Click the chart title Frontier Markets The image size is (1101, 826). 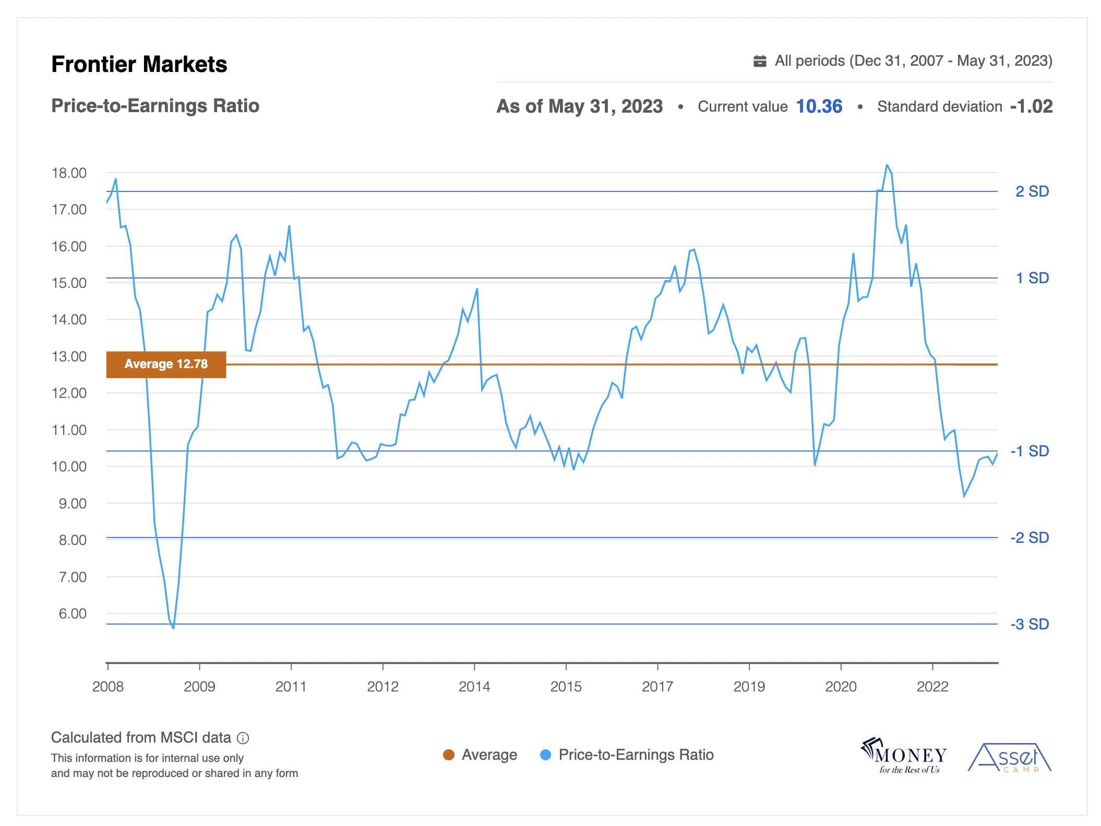tap(139, 65)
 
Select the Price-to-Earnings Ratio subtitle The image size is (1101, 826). tap(155, 106)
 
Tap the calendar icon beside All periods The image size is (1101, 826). tap(760, 62)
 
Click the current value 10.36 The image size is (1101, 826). tap(819, 106)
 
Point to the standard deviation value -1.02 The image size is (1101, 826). tap(1031, 106)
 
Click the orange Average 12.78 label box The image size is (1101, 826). tap(166, 364)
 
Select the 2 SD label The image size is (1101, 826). tap(1032, 191)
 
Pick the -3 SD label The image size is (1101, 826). tap(1030, 624)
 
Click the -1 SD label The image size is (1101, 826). tap(1030, 451)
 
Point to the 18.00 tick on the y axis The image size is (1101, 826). tap(69, 173)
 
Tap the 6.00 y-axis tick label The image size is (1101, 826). tap(73, 614)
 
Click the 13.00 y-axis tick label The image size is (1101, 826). tap(69, 357)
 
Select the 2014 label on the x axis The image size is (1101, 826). tap(474, 687)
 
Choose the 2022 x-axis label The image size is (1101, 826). tap(932, 687)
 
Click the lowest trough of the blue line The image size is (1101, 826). tap(173, 628)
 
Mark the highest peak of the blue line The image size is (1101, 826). tap(887, 165)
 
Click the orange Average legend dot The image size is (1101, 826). tap(448, 755)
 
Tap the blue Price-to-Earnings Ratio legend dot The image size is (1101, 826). tap(545, 755)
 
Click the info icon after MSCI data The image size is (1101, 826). tap(243, 738)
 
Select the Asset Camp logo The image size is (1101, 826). tap(1009, 758)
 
